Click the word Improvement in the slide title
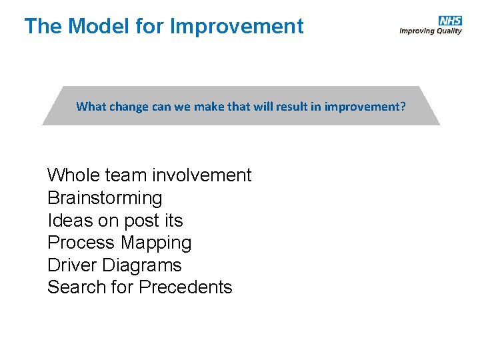pyautogui.click(x=237, y=27)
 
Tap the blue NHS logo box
pyautogui.click(x=450, y=21)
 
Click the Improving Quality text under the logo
pyautogui.click(x=430, y=31)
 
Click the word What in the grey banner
pyautogui.click(x=90, y=107)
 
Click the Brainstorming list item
pyautogui.click(x=105, y=198)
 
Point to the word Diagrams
pyautogui.click(x=142, y=265)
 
